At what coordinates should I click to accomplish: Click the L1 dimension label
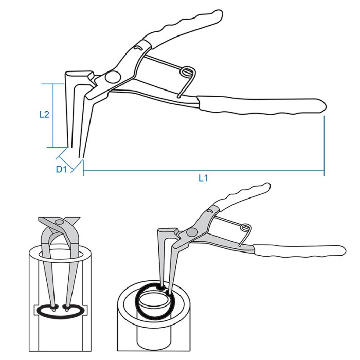coord(203,177)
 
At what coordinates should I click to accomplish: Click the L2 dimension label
coord(44,114)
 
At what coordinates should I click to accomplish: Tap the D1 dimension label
coord(61,169)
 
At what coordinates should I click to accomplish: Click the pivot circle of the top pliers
coord(113,77)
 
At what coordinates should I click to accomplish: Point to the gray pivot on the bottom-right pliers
coord(192,232)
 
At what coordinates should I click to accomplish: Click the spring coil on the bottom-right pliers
coord(246,228)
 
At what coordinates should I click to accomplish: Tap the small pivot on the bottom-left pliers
coord(60,222)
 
